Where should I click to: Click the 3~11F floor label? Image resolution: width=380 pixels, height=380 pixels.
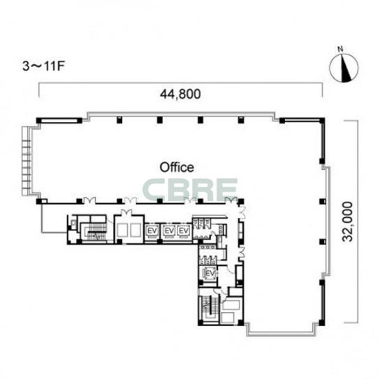pyautogui.click(x=43, y=66)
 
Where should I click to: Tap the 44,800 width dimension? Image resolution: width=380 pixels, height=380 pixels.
pyautogui.click(x=180, y=94)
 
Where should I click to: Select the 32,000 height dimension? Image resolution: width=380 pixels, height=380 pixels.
pyautogui.click(x=346, y=221)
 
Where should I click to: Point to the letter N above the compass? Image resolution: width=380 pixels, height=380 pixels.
pyautogui.click(x=340, y=49)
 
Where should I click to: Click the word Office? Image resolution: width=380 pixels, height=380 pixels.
pyautogui.click(x=177, y=168)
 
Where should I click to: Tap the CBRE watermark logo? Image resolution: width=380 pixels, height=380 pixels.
pyautogui.click(x=190, y=189)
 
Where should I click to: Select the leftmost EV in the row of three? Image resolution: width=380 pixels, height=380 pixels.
pyautogui.click(x=152, y=231)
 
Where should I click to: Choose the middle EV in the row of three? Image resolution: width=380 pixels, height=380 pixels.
pyautogui.click(x=169, y=231)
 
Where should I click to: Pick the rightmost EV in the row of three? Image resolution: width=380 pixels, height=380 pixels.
pyautogui.click(x=184, y=231)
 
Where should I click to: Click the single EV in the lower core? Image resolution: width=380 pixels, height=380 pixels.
pyautogui.click(x=211, y=273)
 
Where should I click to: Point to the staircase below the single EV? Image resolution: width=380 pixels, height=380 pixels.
pyautogui.click(x=209, y=308)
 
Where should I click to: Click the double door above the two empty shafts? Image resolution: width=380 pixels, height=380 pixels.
pyautogui.click(x=126, y=213)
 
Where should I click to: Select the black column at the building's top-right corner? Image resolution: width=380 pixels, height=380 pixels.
pyautogui.click(x=322, y=120)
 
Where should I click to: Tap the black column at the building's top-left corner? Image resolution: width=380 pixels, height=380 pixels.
pyautogui.click(x=38, y=120)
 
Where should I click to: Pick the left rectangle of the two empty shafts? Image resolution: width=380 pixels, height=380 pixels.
pyautogui.click(x=122, y=231)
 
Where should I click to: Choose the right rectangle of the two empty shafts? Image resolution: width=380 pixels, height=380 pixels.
pyautogui.click(x=136, y=231)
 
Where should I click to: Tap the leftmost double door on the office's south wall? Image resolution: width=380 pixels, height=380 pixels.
pyautogui.click(x=89, y=200)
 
